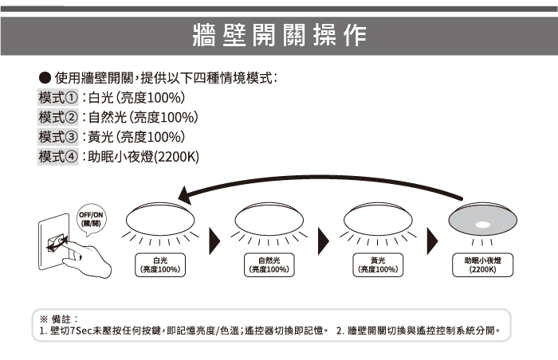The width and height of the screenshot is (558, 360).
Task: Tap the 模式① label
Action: [x=58, y=99]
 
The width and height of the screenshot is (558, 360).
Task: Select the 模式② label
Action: [x=58, y=118]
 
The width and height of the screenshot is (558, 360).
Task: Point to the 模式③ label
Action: [x=58, y=137]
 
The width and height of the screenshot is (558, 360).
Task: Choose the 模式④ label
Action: [x=58, y=156]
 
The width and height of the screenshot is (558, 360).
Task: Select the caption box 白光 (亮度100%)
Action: [x=159, y=265]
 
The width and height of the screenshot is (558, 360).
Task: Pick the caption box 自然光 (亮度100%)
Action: [x=269, y=265]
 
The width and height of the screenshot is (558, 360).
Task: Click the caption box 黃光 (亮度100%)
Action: [x=378, y=265]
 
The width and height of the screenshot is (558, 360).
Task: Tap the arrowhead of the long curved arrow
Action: [x=185, y=195]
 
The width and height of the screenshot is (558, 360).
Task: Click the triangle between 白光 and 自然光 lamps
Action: [x=214, y=237]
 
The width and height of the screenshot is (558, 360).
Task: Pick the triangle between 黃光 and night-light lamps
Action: [x=432, y=237]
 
